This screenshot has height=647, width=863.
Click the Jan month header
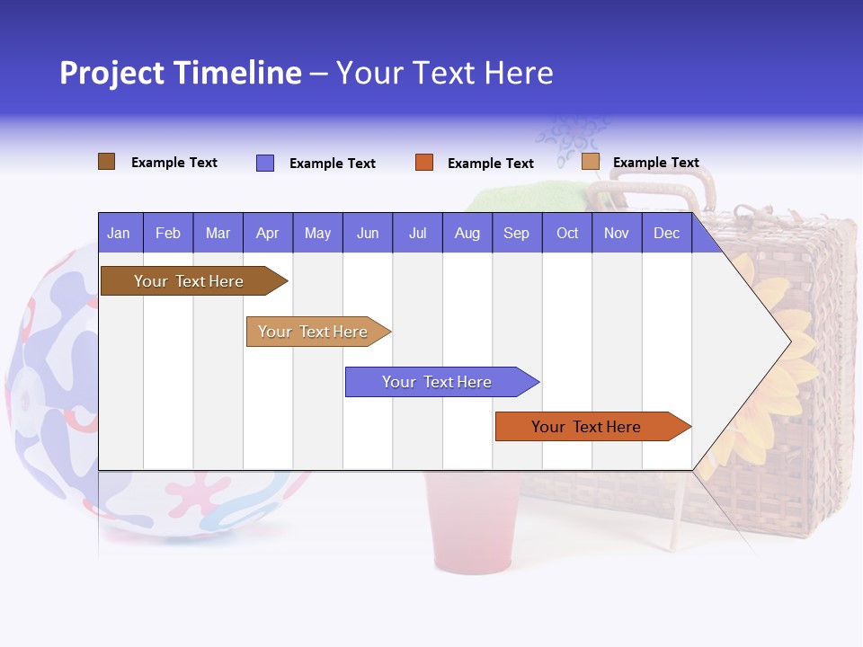point(119,234)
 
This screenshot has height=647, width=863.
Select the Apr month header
point(268,234)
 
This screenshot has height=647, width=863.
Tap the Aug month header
point(467,234)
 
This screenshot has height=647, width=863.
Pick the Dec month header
point(666,234)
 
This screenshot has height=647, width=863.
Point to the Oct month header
point(567,234)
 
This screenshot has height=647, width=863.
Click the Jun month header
point(368,234)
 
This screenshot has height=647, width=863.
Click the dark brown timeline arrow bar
point(189,281)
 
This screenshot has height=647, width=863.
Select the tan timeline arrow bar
point(314,332)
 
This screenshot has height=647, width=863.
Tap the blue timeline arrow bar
point(437,382)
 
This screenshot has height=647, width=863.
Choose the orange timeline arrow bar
point(587,427)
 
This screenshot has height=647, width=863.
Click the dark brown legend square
point(106,162)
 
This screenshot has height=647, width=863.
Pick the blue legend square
point(265,163)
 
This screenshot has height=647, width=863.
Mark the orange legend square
point(424,163)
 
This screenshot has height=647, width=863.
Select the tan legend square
point(590,162)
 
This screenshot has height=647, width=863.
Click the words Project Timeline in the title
point(181,73)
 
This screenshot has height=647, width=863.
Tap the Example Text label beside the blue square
point(333,164)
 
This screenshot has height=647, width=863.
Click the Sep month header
point(516,234)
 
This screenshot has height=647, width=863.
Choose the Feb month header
point(168,234)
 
